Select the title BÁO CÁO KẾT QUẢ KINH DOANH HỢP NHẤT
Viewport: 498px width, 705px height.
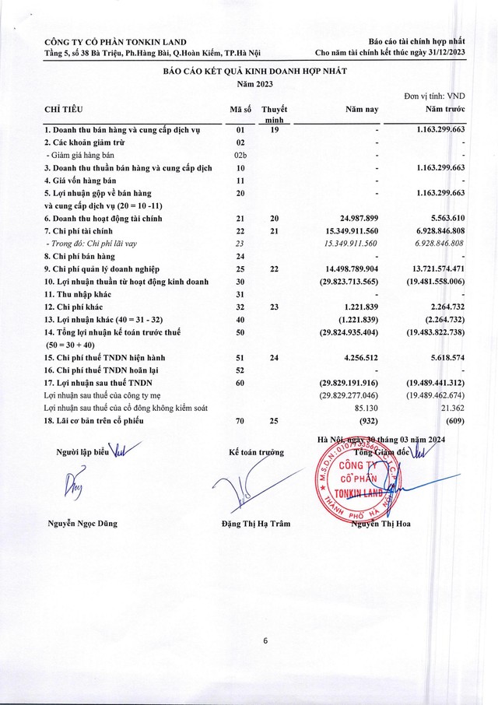[x=254, y=71]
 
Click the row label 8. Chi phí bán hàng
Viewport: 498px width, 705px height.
[x=79, y=256]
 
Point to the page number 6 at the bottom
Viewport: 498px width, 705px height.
[x=265, y=640]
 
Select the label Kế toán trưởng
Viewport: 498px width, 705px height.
[x=256, y=451]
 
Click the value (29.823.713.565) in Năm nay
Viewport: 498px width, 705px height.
[x=342, y=281]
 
